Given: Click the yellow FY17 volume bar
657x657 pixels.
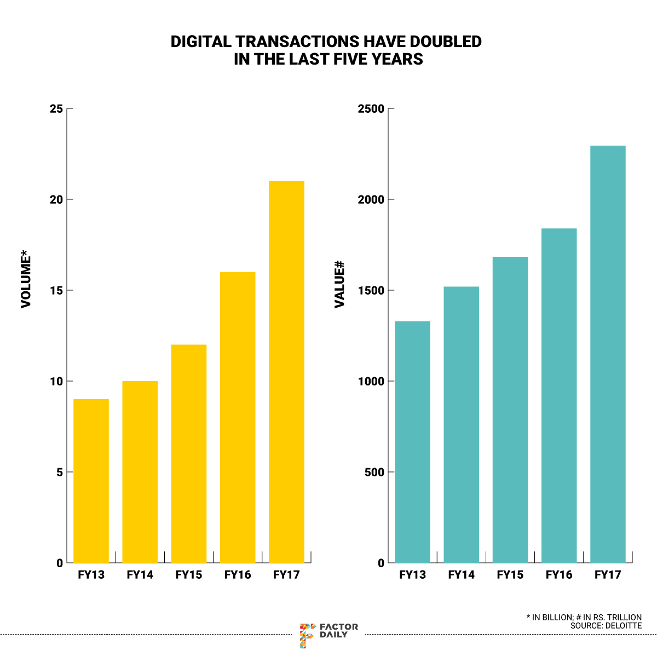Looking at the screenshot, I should click(286, 372).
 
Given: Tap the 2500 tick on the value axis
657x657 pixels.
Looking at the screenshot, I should click(371, 109).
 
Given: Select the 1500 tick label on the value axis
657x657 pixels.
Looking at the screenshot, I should click(371, 290).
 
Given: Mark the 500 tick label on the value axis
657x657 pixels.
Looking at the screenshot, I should click(374, 472).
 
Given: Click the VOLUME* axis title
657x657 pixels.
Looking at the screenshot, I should click(26, 279).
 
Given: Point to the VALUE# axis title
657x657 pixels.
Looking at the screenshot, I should click(339, 284).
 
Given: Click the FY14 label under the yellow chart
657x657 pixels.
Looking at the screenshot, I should click(140, 575).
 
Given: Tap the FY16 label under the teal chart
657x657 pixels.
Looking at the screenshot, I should click(559, 575).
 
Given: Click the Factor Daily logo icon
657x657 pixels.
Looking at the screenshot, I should click(307, 635).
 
